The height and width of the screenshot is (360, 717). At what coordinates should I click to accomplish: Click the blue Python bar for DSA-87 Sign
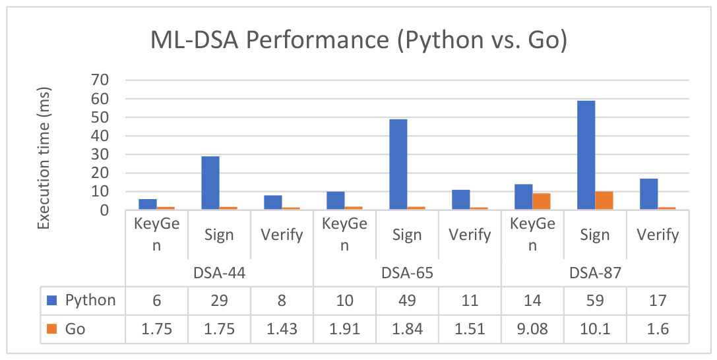tap(586, 156)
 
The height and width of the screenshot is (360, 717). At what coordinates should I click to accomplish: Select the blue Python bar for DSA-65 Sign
tap(398, 164)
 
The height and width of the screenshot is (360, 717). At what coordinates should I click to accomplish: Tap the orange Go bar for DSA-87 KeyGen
tap(542, 202)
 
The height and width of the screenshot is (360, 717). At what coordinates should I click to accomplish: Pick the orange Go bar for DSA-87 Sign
tap(604, 200)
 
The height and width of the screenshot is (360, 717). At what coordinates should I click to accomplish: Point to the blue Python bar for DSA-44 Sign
tap(210, 183)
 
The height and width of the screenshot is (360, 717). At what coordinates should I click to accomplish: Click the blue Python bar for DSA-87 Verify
tap(648, 194)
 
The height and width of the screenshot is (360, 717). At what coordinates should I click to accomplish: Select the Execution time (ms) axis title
tap(44, 158)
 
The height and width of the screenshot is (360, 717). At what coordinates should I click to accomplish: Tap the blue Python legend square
tap(51, 300)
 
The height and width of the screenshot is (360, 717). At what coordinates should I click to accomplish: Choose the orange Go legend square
tap(51, 328)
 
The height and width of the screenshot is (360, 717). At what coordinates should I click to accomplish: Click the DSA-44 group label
tap(220, 273)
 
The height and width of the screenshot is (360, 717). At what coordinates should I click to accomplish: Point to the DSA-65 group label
tap(408, 273)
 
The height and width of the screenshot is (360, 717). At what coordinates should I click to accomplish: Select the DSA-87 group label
tap(596, 273)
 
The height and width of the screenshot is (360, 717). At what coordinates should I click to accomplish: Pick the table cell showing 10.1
tap(595, 329)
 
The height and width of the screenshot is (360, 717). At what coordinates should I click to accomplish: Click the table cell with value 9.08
tap(533, 329)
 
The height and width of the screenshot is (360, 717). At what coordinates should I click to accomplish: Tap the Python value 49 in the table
tap(408, 300)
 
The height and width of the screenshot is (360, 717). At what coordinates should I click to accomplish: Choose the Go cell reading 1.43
tap(282, 329)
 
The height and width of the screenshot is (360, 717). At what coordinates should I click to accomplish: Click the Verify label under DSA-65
tap(470, 235)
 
